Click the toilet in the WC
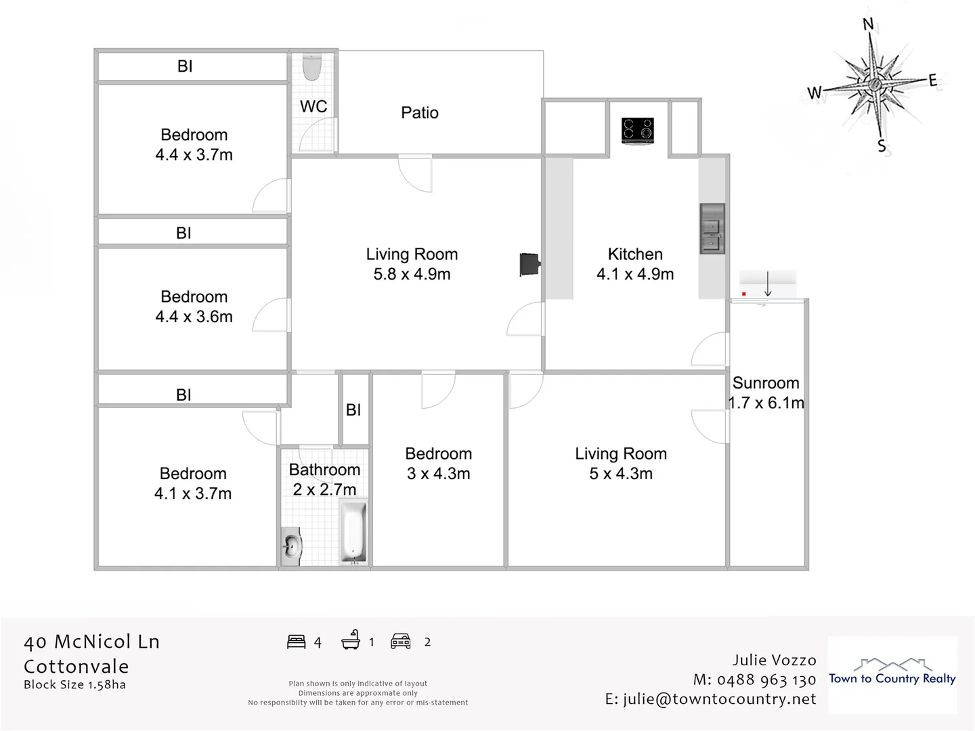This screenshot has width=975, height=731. [312, 66]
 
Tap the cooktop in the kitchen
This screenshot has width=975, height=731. [638, 131]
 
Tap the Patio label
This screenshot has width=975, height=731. [420, 112]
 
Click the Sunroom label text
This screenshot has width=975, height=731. [766, 383]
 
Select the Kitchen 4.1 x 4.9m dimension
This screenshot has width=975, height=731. [635, 274]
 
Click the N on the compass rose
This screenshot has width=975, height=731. [868, 25]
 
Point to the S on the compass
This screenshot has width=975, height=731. [882, 146]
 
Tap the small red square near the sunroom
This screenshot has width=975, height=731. [743, 294]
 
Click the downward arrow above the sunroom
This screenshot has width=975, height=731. [768, 284]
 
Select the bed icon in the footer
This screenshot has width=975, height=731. [297, 642]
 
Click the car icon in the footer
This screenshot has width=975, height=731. [401, 642]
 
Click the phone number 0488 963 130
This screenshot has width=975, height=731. [766, 680]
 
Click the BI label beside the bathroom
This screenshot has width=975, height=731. [353, 410]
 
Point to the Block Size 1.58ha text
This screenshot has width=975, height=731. [74, 685]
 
